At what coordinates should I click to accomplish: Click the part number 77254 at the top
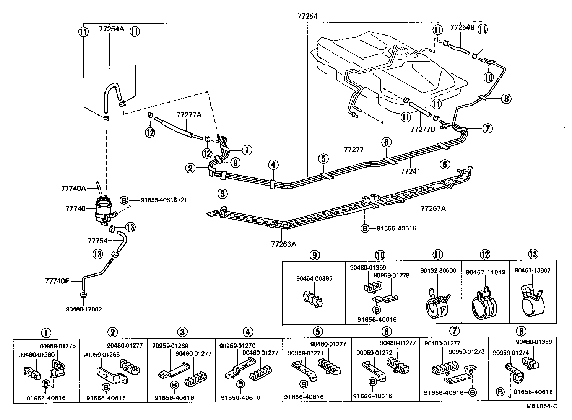(308, 16)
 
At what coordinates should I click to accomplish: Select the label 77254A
(112, 28)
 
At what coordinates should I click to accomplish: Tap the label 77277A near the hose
(189, 114)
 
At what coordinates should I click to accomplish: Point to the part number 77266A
(284, 244)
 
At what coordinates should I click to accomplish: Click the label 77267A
(433, 208)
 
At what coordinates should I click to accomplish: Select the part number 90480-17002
(83, 309)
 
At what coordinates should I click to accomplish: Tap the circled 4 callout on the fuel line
(273, 165)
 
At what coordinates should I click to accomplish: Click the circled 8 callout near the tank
(505, 99)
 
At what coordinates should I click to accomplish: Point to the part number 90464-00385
(314, 278)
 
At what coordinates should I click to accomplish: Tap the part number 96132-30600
(438, 270)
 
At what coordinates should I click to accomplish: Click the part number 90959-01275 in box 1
(58, 346)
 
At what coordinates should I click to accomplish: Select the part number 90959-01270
(237, 346)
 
